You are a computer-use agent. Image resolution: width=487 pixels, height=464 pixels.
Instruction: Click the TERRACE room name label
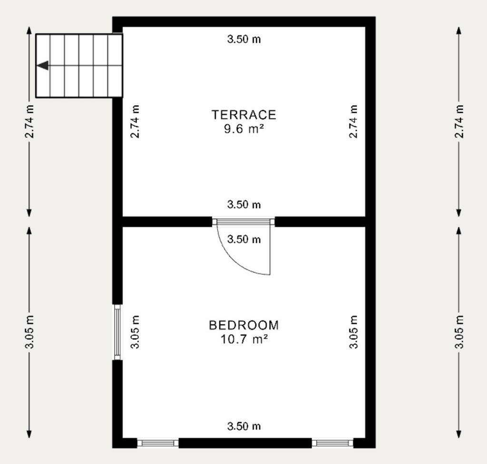(x=244, y=115)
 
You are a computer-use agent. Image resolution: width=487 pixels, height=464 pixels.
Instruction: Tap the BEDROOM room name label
(x=244, y=325)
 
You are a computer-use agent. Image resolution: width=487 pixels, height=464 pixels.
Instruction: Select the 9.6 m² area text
(x=244, y=128)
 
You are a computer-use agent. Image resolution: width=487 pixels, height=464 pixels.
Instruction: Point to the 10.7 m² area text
(x=244, y=339)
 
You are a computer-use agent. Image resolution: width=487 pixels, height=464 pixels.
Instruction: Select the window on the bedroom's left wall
(x=117, y=332)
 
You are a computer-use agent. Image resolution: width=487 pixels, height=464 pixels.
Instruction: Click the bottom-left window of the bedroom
(x=158, y=443)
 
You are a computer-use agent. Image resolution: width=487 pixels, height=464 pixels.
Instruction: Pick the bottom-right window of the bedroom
(x=332, y=443)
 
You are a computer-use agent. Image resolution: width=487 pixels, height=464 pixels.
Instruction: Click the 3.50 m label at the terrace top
(x=244, y=39)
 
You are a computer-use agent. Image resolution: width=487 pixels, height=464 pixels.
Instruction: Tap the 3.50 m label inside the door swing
(x=244, y=239)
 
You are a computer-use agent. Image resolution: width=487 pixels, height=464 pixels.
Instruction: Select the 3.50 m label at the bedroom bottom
(x=244, y=426)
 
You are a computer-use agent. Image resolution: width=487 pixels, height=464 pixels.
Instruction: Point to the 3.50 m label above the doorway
(x=244, y=204)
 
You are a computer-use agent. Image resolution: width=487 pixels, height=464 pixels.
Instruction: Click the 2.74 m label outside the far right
(x=459, y=121)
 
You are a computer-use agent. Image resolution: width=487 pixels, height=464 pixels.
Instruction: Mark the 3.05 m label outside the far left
(x=29, y=332)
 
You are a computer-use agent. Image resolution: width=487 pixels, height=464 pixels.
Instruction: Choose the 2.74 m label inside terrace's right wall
(x=353, y=121)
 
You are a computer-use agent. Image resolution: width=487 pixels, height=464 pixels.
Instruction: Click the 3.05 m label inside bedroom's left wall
(x=135, y=332)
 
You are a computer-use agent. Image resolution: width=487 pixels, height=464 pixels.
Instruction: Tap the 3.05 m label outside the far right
(x=459, y=332)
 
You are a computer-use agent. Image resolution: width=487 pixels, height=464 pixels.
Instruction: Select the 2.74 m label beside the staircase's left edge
(x=29, y=121)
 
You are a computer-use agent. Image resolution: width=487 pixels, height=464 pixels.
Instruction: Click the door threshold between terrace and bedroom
(x=243, y=222)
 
